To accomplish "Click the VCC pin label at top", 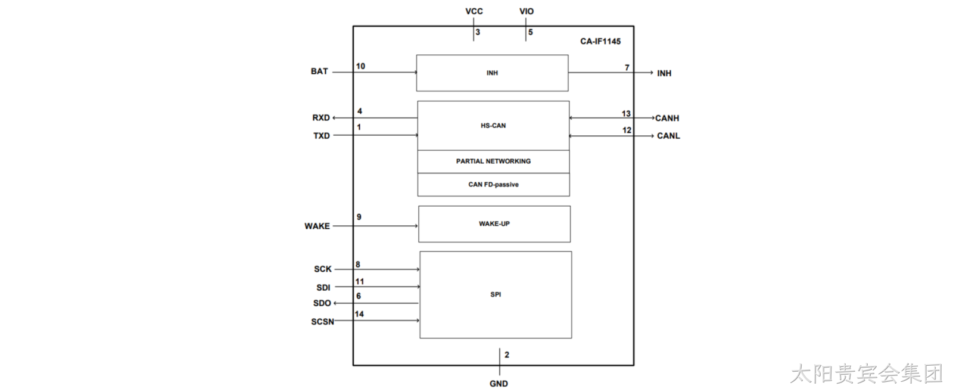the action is pyautogui.click(x=474, y=11).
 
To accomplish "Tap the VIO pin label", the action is pyautogui.click(x=527, y=11).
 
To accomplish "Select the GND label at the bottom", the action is pyautogui.click(x=499, y=384).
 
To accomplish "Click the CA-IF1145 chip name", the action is pyautogui.click(x=600, y=41).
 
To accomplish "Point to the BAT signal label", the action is pyautogui.click(x=319, y=71).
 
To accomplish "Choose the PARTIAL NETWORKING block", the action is pyautogui.click(x=494, y=161).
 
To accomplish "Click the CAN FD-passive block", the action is pyautogui.click(x=494, y=184).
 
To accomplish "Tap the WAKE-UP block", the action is pyautogui.click(x=494, y=224).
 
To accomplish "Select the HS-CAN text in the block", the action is pyautogui.click(x=493, y=126).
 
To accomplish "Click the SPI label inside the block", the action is pyautogui.click(x=496, y=294).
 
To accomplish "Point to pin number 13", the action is pyautogui.click(x=626, y=113).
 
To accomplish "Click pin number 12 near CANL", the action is pyautogui.click(x=627, y=130).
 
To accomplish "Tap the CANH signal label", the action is pyautogui.click(x=667, y=119).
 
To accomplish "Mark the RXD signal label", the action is pyautogui.click(x=321, y=118).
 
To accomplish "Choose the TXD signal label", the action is pyautogui.click(x=322, y=136).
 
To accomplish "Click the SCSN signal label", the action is pyautogui.click(x=322, y=322).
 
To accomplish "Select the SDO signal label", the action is pyautogui.click(x=322, y=303).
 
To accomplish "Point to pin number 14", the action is pyautogui.click(x=360, y=314).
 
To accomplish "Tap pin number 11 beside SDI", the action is pyautogui.click(x=360, y=281).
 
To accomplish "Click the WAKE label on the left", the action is pyautogui.click(x=317, y=226).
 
